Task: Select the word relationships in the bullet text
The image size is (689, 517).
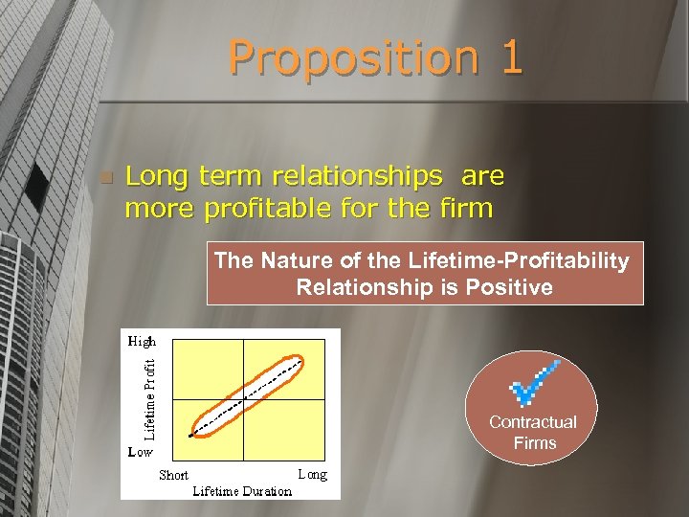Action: [x=357, y=176]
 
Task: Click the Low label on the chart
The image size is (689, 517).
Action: [x=141, y=451]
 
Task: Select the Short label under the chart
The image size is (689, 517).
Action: [x=173, y=475]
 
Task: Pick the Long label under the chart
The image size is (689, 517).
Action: [x=312, y=474]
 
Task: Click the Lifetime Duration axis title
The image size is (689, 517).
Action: [x=242, y=491]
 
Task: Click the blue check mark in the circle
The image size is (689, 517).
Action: [x=534, y=384]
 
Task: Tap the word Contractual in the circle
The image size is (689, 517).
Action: [x=533, y=422]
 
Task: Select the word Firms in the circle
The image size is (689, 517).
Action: [x=534, y=443]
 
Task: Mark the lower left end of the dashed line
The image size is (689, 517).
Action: [x=191, y=437]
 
